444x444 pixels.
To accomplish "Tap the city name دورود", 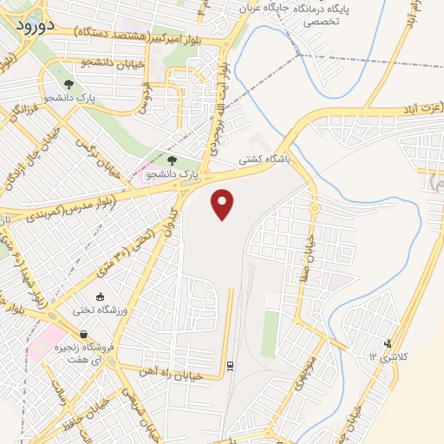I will click(x=36, y=26).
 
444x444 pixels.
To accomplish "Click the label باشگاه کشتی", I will click(x=264, y=160).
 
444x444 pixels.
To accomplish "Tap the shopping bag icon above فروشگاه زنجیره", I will click(x=82, y=335).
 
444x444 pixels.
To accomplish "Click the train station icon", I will click(x=230, y=366).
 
